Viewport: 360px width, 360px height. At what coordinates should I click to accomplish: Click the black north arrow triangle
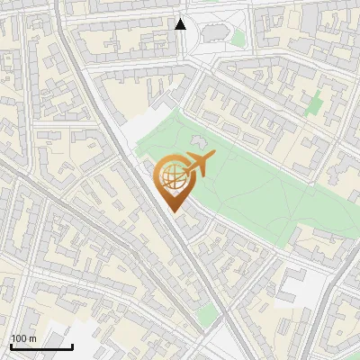pyautogui.click(x=180, y=24)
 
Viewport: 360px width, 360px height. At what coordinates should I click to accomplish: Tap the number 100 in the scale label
pyautogui.click(x=19, y=338)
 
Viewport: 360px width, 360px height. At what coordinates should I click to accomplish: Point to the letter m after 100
pyautogui.click(x=33, y=338)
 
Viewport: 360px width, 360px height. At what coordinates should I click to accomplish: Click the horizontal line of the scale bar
pyautogui.click(x=41, y=346)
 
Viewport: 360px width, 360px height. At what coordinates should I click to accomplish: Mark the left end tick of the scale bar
pyautogui.click(x=11, y=345)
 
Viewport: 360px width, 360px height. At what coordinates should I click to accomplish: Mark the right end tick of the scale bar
pyautogui.click(x=72, y=345)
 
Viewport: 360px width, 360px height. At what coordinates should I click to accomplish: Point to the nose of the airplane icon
pyautogui.click(x=213, y=157)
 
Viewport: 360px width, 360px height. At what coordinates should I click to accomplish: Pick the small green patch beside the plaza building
pyautogui.click(x=238, y=39)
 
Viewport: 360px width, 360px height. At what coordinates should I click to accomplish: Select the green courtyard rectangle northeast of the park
pyautogui.click(x=314, y=104)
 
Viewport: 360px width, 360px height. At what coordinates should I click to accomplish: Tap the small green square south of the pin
pyautogui.click(x=207, y=313)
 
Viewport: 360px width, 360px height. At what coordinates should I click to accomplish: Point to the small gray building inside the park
pyautogui.click(x=198, y=142)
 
